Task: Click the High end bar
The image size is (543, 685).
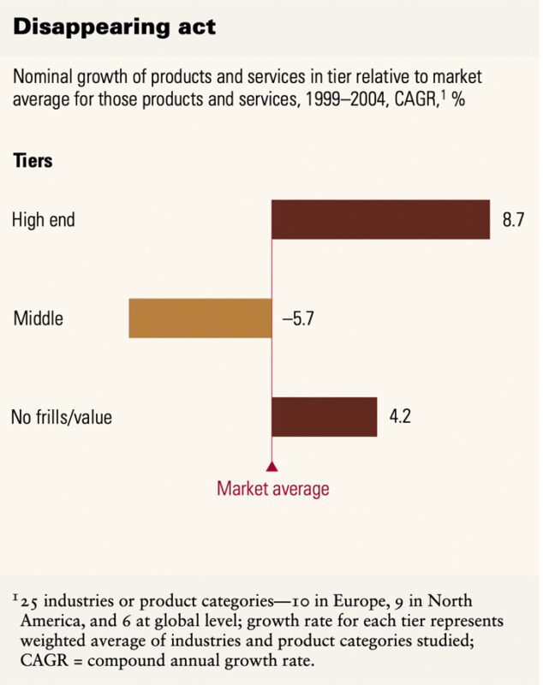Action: [x=380, y=219]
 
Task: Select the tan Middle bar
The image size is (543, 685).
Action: [x=200, y=319]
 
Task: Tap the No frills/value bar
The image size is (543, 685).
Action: [x=324, y=417]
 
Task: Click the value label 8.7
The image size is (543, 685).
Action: [x=512, y=220]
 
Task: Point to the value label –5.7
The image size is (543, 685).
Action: [x=300, y=319]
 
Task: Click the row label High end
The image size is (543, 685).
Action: [x=44, y=220]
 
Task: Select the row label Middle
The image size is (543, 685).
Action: [x=39, y=319]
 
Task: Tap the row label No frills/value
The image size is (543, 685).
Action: [x=62, y=419]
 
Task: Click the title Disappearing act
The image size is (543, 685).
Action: [x=114, y=27]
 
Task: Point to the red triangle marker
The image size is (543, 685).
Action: [x=271, y=467]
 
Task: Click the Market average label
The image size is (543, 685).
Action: [x=272, y=489]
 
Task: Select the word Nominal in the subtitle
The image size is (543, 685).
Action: [x=43, y=78]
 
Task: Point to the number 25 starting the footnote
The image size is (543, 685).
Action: [x=28, y=600]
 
